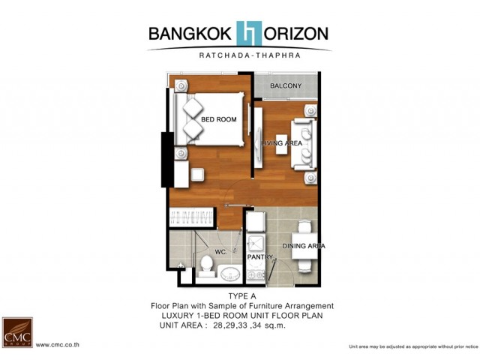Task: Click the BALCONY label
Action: click(286, 85)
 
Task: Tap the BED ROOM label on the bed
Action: click(218, 119)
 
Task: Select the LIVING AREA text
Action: click(282, 143)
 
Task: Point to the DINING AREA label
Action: click(303, 246)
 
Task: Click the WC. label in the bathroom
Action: click(220, 252)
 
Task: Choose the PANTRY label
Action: click(260, 257)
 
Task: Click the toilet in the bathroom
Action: click(207, 267)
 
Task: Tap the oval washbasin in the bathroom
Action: click(230, 274)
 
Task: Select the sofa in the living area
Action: click(304, 145)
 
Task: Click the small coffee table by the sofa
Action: click(281, 144)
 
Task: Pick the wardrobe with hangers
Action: click(192, 217)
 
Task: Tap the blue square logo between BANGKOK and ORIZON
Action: click(249, 33)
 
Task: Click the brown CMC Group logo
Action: click(17, 332)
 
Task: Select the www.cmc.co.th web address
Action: click(58, 345)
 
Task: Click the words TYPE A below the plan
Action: click(242, 296)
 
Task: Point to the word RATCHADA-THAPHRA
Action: click(250, 55)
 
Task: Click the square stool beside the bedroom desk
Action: click(197, 175)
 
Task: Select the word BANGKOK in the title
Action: click(190, 34)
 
